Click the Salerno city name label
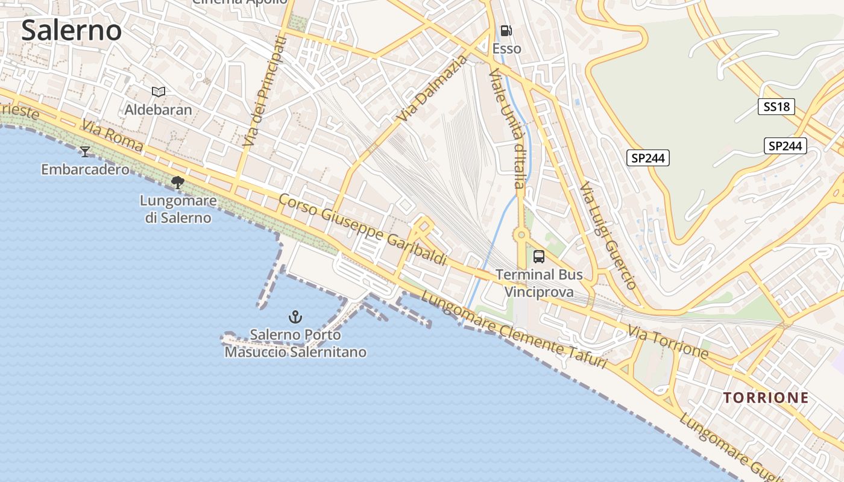tap(71, 30)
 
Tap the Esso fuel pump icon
tap(506, 31)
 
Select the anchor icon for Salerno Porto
tap(295, 316)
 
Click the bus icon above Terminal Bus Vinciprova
tap(539, 257)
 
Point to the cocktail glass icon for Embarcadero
tap(85, 151)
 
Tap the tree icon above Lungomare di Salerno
tap(178, 182)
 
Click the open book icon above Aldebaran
tap(159, 92)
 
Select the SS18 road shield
tap(776, 107)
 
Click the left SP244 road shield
tap(648, 158)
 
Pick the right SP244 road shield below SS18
tap(786, 145)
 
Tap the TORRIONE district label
tap(766, 398)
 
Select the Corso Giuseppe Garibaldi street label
tap(362, 230)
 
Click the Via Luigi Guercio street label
tap(608, 236)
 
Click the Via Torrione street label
tap(667, 341)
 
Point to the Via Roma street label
tap(113, 136)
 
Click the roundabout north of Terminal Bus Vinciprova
tap(520, 234)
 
